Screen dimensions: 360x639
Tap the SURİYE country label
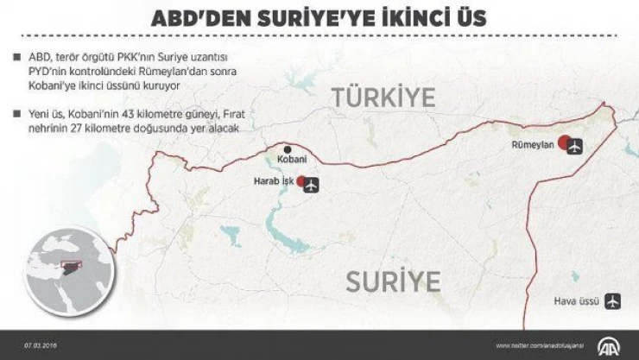tap(393, 281)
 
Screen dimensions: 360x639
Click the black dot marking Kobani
tap(288, 148)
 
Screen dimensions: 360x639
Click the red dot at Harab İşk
tap(301, 182)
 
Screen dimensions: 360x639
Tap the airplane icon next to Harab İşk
tap(313, 183)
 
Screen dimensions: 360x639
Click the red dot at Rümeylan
tap(563, 143)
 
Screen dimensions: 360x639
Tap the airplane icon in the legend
tap(613, 302)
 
